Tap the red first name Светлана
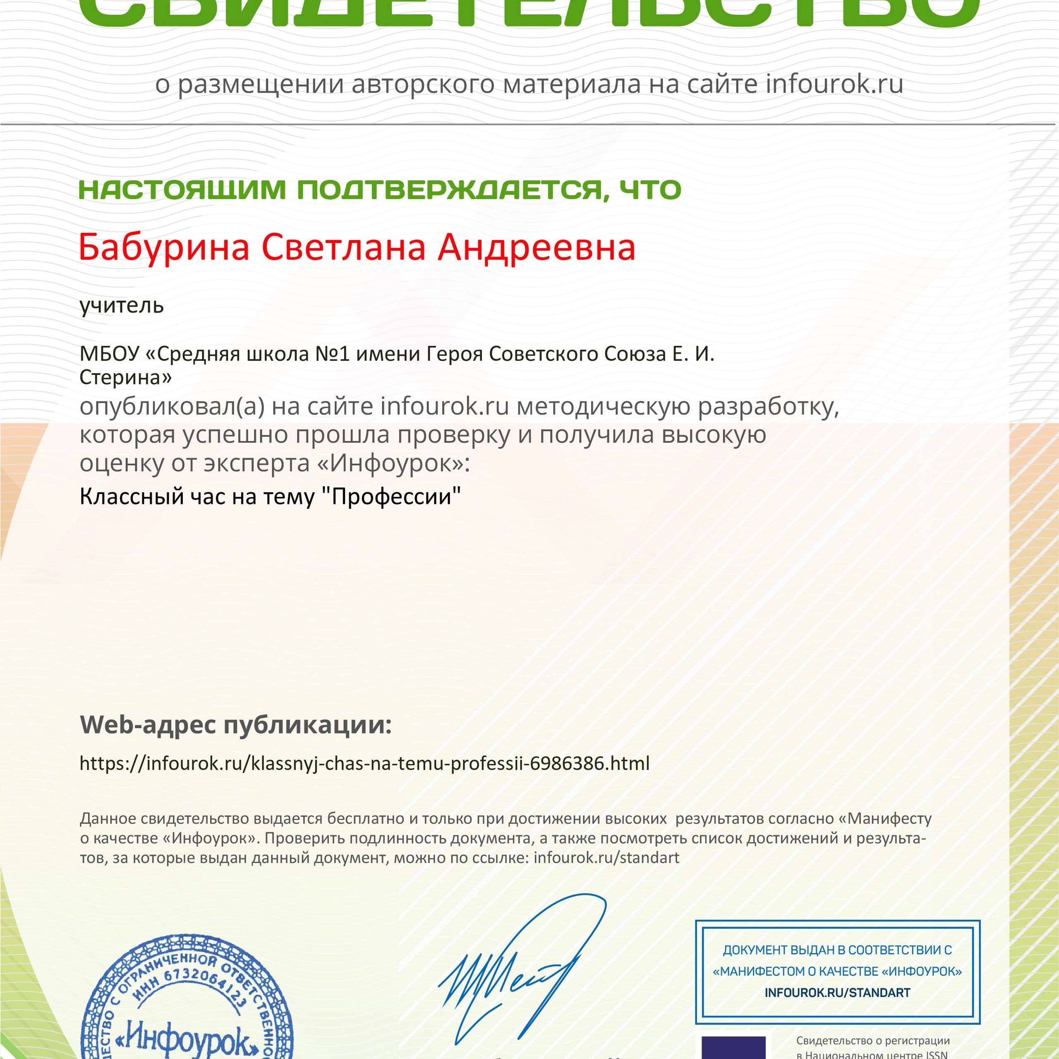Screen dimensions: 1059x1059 click(343, 247)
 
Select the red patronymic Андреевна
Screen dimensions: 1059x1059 click(536, 247)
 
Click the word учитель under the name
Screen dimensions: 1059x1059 click(121, 305)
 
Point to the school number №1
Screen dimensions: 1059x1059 click(332, 354)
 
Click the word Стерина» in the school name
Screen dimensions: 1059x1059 click(125, 377)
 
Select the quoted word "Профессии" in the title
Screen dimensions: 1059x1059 click(390, 496)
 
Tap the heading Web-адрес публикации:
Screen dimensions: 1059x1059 click(236, 725)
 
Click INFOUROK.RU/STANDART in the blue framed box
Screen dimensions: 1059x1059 click(837, 993)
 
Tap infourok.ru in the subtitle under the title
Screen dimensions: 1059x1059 click(834, 84)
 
